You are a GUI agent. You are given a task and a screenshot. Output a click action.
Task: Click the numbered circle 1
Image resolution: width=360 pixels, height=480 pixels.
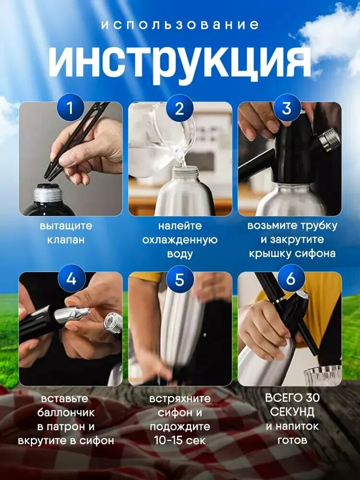click(x=71, y=108)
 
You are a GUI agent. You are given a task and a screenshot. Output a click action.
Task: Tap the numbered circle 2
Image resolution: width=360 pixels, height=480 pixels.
click(x=180, y=108)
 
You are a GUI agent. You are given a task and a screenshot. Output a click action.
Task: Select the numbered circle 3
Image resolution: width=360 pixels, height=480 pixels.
click(x=287, y=108)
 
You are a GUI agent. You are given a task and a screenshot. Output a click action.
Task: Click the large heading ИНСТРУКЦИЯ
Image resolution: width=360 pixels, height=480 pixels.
click(x=180, y=62)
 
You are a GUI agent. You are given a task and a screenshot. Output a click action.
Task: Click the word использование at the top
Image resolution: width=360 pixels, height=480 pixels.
click(x=180, y=25)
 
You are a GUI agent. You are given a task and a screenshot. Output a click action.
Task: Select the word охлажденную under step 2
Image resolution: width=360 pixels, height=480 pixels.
click(x=180, y=240)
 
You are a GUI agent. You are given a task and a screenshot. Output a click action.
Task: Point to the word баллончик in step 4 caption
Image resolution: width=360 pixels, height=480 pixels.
click(x=68, y=412)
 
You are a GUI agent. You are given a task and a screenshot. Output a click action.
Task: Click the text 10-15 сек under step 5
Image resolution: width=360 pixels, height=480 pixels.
click(x=180, y=440)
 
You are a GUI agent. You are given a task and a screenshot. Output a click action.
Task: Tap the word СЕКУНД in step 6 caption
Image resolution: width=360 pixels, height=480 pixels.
click(x=292, y=412)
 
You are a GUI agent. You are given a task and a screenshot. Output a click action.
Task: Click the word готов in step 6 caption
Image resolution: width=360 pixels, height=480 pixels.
click(x=292, y=440)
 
